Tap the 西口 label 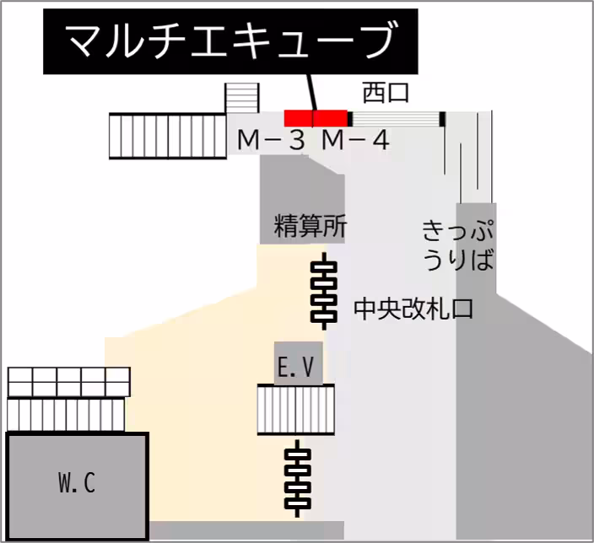pyautogui.click(x=385, y=93)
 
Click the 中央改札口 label pyautogui.click(x=413, y=309)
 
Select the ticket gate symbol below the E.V pyautogui.click(x=299, y=477)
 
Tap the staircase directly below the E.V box pyautogui.click(x=296, y=410)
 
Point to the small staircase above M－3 pyautogui.click(x=242, y=98)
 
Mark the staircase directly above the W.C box pyautogui.click(x=66, y=414)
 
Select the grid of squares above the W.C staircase pyautogui.click(x=69, y=381)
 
